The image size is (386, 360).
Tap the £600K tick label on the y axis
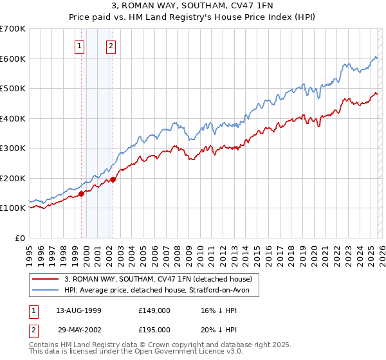tap(13, 59)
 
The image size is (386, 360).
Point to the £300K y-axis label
tap(13, 148)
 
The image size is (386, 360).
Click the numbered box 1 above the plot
tap(79, 46)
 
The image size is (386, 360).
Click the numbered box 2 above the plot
tap(111, 46)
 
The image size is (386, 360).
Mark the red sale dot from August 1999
tap(82, 193)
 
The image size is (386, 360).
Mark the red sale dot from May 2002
tap(113, 179)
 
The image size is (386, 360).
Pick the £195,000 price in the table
tap(154, 329)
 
